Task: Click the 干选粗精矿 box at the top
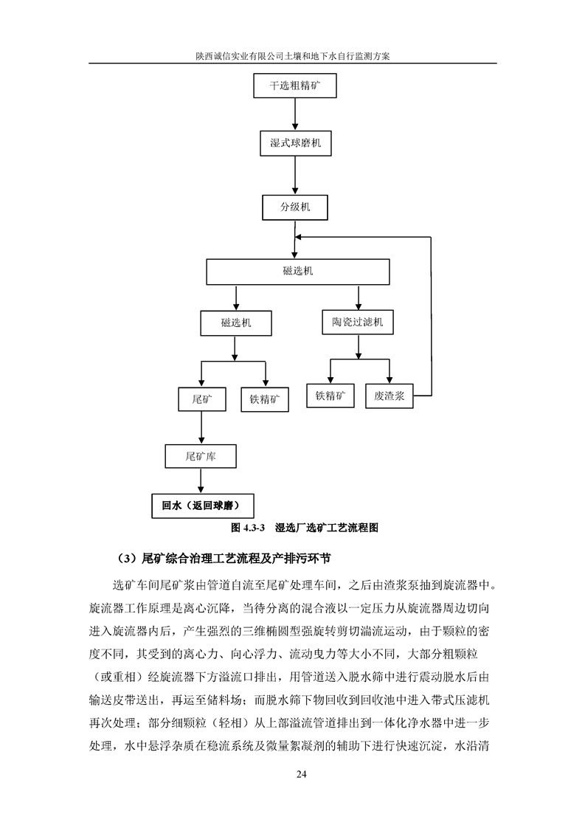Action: (x=294, y=86)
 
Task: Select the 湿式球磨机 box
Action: (x=296, y=143)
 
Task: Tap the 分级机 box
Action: (x=295, y=207)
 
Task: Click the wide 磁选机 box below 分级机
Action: (x=298, y=272)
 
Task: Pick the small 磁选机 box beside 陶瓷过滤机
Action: (x=236, y=323)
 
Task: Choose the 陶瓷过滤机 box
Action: (x=358, y=322)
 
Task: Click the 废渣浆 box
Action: (x=389, y=396)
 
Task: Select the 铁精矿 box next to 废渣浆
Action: (x=330, y=396)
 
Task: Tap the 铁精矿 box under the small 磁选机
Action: (x=265, y=400)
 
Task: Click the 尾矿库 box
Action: (x=201, y=456)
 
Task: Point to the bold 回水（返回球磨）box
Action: (x=203, y=506)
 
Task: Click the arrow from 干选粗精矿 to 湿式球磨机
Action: (x=295, y=114)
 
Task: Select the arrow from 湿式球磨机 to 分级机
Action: (x=295, y=176)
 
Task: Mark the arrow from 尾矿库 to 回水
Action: (x=201, y=481)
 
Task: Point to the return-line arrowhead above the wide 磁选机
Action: (x=298, y=237)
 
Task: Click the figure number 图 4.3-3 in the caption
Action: (x=248, y=528)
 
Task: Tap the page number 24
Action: (x=302, y=774)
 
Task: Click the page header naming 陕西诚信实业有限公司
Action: (x=292, y=56)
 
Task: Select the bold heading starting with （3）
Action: (x=224, y=558)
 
